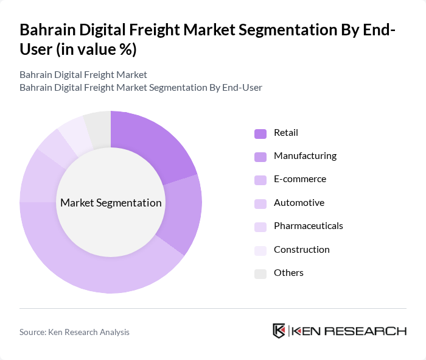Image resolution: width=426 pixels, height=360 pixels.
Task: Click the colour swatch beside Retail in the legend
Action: click(x=260, y=133)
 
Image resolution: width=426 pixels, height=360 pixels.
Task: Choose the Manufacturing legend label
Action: click(x=305, y=156)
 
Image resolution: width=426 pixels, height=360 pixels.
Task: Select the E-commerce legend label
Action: click(x=300, y=179)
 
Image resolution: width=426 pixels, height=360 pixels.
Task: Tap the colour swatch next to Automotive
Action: click(x=260, y=203)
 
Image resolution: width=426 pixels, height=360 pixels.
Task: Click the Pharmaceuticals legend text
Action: click(x=309, y=226)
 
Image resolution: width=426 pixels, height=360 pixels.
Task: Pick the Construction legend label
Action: click(x=302, y=249)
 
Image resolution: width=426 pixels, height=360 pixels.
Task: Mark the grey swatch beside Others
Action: click(x=260, y=274)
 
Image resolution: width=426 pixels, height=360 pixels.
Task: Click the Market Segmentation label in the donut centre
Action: click(x=111, y=203)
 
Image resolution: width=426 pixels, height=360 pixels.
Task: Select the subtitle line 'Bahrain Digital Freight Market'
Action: click(x=83, y=75)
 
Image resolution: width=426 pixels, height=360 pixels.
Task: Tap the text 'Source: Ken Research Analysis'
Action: click(x=74, y=332)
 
